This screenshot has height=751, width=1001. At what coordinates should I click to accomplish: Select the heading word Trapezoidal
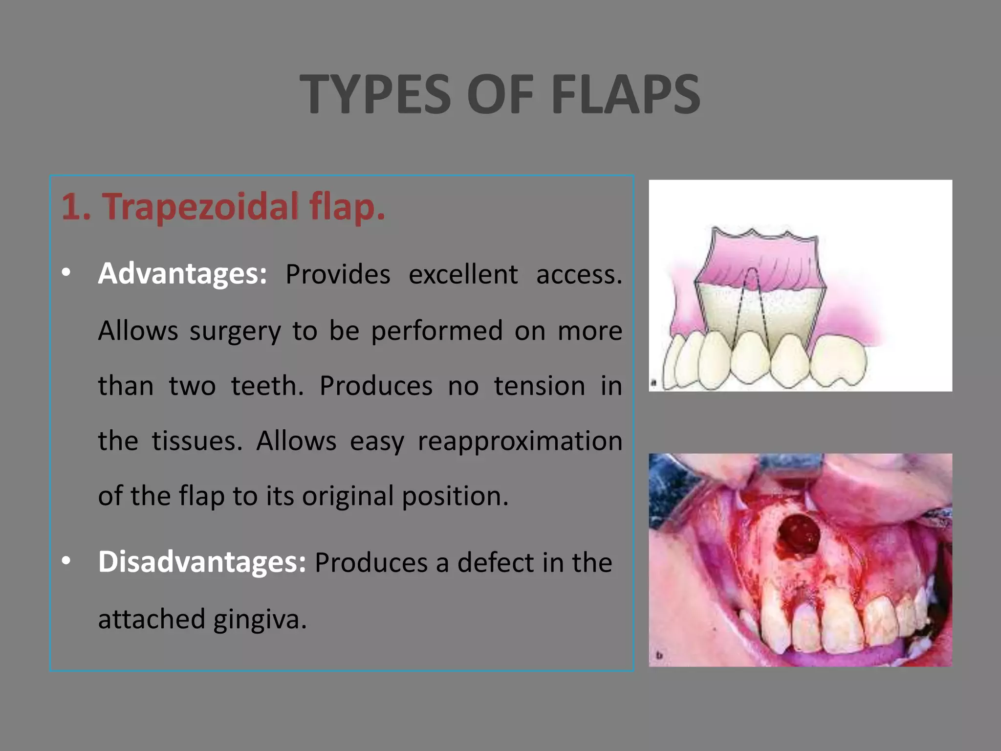pyautogui.click(x=200, y=206)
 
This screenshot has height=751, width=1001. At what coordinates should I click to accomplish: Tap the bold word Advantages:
pyautogui.click(x=182, y=273)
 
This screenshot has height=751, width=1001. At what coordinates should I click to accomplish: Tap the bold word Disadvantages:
pyautogui.click(x=202, y=562)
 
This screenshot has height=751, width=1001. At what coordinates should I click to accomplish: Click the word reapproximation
pyautogui.click(x=520, y=441)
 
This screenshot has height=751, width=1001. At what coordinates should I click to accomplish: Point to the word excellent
pyautogui.click(x=463, y=274)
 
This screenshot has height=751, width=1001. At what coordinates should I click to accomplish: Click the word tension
pyautogui.click(x=539, y=386)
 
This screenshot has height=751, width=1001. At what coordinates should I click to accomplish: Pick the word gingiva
pyautogui.click(x=260, y=619)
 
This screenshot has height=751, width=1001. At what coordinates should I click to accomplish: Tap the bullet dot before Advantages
pyautogui.click(x=66, y=273)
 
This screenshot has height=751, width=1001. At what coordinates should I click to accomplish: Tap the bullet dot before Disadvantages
pyautogui.click(x=66, y=561)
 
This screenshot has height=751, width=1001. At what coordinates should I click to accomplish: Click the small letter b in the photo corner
pyautogui.click(x=659, y=655)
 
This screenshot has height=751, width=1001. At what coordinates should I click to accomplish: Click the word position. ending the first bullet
pyautogui.click(x=455, y=497)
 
